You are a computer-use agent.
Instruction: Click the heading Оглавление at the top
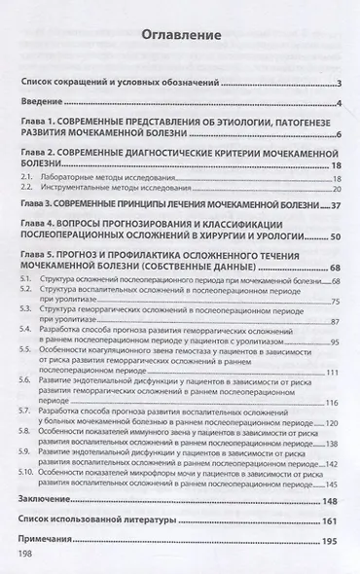point(179,36)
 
